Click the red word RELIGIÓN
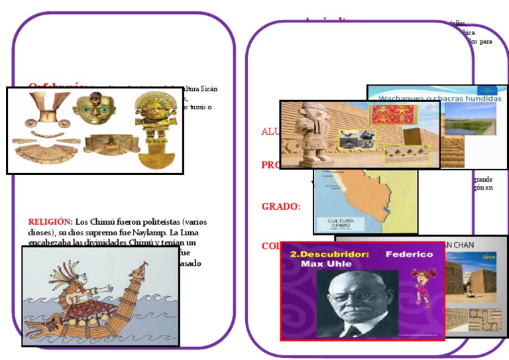point(48,221)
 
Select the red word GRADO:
point(281,206)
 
